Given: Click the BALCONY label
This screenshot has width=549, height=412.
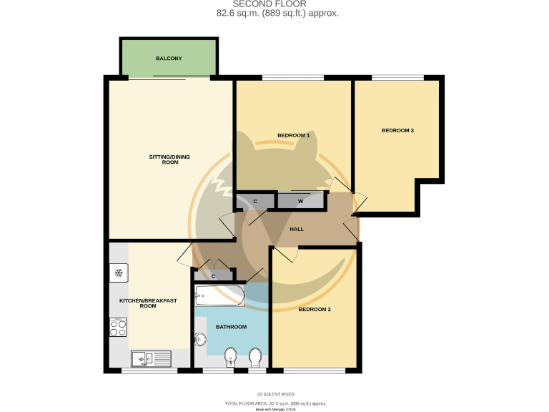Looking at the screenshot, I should point(169,58).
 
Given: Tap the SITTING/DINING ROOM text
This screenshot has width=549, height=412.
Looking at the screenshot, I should point(169,160).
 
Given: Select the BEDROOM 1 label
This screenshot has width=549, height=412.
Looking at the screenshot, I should point(293,135).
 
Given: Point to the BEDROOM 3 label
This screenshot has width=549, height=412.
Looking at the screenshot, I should point(397,130).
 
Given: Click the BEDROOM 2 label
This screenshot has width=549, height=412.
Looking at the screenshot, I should point(315,310).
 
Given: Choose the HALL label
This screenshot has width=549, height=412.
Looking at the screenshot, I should point(297,229).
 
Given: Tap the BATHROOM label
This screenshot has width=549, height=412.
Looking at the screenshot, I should point(231,327).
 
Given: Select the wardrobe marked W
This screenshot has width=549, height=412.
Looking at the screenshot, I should point(300,201).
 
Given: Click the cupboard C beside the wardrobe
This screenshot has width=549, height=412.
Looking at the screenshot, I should point(255,201).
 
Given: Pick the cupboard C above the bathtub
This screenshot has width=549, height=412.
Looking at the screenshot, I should point(213,275).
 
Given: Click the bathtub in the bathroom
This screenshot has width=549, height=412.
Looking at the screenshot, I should point(220,295).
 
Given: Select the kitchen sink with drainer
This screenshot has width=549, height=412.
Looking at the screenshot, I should point(151,357).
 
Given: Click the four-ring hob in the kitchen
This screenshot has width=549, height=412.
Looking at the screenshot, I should point(118,327).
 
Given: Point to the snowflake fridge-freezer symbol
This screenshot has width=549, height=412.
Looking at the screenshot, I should point(118,273).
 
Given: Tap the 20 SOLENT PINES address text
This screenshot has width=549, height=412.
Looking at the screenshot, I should point(275,394).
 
